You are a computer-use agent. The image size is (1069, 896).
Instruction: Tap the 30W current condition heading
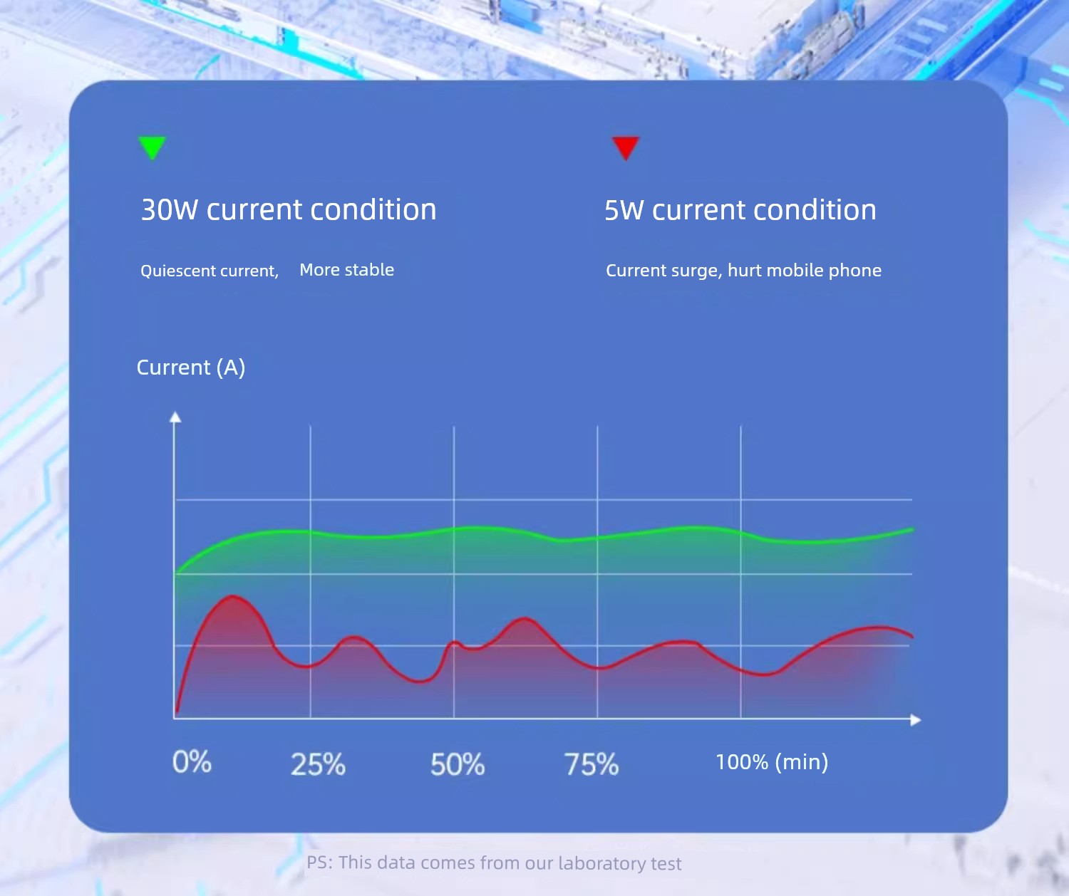point(289,209)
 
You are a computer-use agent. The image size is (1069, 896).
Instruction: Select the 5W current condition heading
point(740,210)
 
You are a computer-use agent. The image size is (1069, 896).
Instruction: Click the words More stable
point(346,270)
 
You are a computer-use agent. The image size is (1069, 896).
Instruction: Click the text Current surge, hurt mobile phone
point(743,270)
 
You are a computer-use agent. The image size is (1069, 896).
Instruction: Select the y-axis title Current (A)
point(191,368)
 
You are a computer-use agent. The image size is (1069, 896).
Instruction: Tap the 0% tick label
point(192,762)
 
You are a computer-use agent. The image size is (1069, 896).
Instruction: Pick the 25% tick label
point(318,764)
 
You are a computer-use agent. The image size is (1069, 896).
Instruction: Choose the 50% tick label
point(458,764)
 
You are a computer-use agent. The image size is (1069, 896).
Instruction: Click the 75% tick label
point(592,764)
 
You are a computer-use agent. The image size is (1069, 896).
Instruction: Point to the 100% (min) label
point(772,762)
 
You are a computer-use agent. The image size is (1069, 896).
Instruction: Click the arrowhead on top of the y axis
point(175,417)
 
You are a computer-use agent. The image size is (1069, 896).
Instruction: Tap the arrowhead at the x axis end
point(915,720)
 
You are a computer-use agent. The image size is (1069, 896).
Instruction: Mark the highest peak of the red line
point(233,596)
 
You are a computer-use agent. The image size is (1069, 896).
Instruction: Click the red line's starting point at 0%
point(177,712)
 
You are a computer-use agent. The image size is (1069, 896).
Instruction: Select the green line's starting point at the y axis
point(176,573)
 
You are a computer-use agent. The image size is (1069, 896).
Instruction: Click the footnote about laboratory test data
point(494,863)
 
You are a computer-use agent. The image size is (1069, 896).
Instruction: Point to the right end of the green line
point(912,530)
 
